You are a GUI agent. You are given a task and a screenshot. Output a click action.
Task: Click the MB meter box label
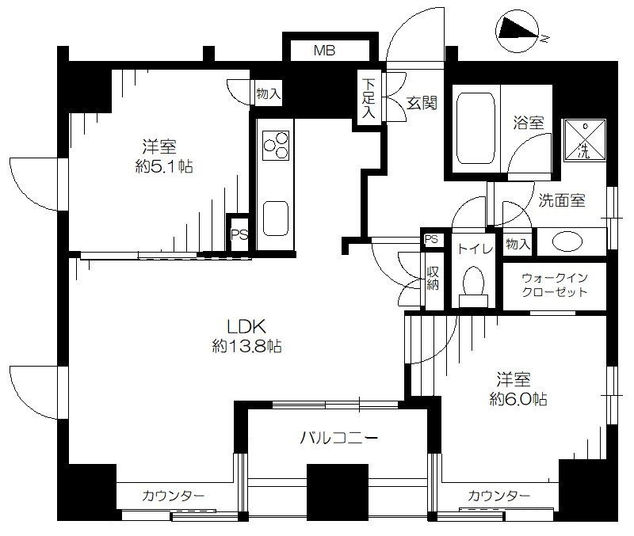[325, 51]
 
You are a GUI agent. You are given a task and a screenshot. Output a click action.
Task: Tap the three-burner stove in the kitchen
[276, 146]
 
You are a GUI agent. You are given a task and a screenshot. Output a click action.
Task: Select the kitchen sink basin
[275, 219]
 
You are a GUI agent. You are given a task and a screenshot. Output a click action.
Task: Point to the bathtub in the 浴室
[475, 128]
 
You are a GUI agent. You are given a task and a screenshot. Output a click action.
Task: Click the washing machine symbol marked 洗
[585, 140]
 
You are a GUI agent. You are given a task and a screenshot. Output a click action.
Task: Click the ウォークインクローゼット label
[554, 285]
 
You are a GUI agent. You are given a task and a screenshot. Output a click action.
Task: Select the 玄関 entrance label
[422, 103]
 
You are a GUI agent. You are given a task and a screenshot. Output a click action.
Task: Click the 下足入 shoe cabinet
[368, 98]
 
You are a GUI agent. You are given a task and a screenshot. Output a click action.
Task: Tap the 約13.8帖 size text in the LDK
[246, 346]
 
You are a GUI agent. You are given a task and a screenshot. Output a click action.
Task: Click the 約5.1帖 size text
[164, 166]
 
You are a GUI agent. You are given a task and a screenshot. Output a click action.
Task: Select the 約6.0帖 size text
[518, 399]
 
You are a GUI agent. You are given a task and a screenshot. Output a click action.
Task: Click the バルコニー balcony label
[339, 438]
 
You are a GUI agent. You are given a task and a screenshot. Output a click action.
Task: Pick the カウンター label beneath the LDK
[174, 496]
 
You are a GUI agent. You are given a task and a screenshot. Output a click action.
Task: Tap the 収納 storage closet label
[433, 279]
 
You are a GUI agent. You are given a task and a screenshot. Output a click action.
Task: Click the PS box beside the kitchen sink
[239, 234]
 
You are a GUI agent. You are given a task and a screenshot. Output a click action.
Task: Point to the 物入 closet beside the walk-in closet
[518, 244]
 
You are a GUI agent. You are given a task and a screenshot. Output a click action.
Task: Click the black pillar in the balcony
[338, 492]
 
